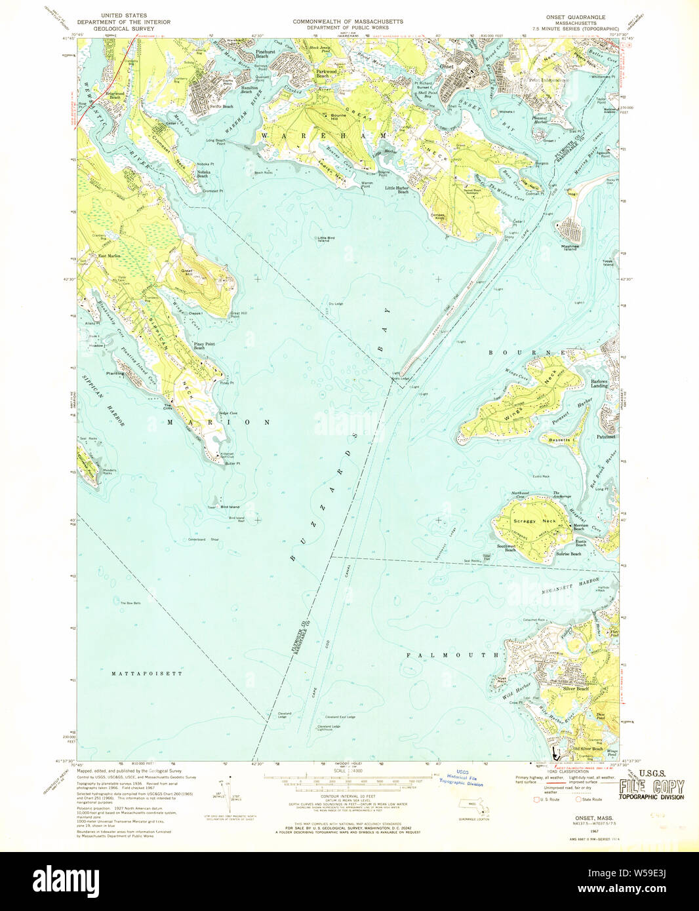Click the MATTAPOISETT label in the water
(147, 673)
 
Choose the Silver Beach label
(576, 689)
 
